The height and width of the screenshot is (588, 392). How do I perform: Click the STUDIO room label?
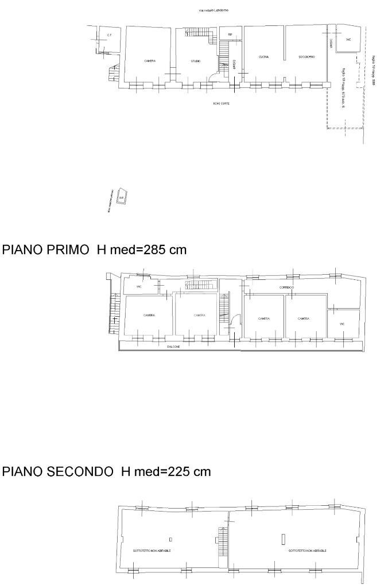click(x=195, y=61)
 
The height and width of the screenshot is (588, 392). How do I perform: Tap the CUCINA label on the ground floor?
click(x=263, y=57)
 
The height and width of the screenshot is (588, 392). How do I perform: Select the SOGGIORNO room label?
click(x=306, y=57)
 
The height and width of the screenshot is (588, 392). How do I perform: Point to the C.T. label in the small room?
click(x=108, y=36)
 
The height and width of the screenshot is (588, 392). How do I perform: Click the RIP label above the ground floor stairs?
click(x=230, y=35)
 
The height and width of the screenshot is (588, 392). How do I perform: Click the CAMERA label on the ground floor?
click(x=150, y=61)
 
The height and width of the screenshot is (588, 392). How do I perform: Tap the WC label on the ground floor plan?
click(x=348, y=40)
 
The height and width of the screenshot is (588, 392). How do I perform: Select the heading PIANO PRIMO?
click(x=46, y=250)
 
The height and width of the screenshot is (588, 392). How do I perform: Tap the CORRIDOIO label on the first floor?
click(x=287, y=287)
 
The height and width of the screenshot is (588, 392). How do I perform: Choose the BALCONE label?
click(x=173, y=347)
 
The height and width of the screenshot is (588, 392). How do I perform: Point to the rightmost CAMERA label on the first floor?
click(x=304, y=318)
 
